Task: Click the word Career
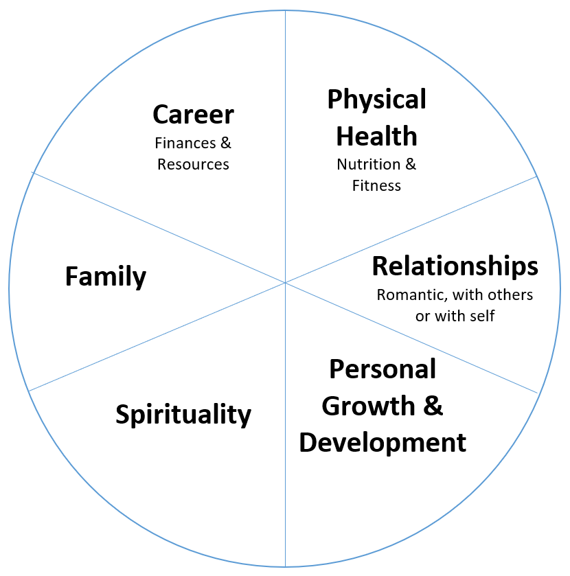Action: [193, 115]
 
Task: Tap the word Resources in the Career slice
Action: [193, 165]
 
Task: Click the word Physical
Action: [376, 100]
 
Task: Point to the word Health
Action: [376, 136]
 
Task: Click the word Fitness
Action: [376, 185]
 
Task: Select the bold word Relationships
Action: [455, 266]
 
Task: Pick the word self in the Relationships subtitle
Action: [483, 316]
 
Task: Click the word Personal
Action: [383, 369]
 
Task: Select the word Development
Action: [383, 442]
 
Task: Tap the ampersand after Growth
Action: [432, 406]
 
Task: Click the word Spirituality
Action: [183, 415]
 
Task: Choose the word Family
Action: [106, 277]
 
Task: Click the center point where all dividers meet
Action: [285, 282]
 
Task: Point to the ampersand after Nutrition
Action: [410, 165]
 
